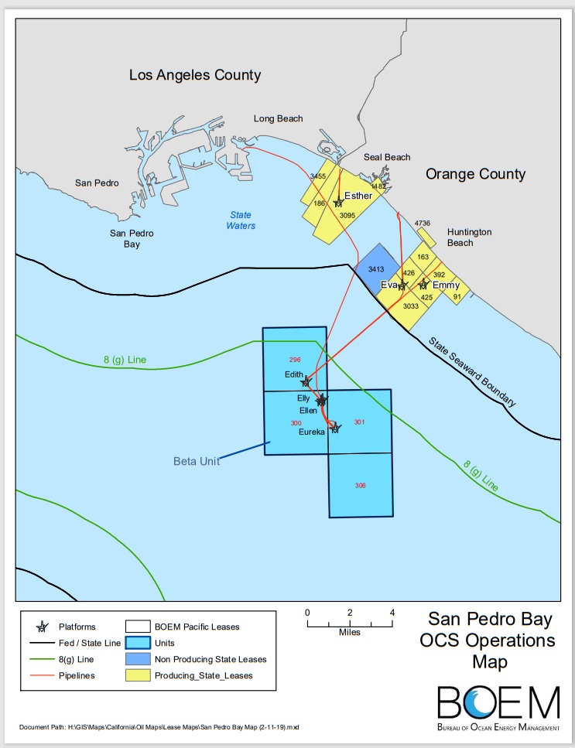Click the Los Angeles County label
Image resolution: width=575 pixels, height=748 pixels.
(x=194, y=75)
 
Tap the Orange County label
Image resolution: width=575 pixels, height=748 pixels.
(x=475, y=174)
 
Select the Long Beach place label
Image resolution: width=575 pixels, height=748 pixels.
(x=279, y=118)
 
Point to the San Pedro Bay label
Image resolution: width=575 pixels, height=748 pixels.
(x=132, y=238)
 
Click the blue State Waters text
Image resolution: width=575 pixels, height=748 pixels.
(x=241, y=220)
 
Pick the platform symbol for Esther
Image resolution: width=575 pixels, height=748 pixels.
(x=338, y=202)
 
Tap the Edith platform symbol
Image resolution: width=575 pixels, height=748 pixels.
(x=306, y=381)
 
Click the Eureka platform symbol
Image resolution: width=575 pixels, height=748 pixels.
(x=335, y=427)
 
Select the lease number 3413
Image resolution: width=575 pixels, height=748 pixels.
(x=376, y=269)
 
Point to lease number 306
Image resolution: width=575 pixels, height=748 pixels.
(x=360, y=485)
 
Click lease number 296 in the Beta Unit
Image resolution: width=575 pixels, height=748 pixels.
(x=294, y=360)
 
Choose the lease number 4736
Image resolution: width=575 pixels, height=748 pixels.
(x=422, y=224)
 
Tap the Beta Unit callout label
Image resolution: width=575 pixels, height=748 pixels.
(x=197, y=461)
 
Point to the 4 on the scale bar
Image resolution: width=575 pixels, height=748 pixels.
(x=392, y=613)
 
